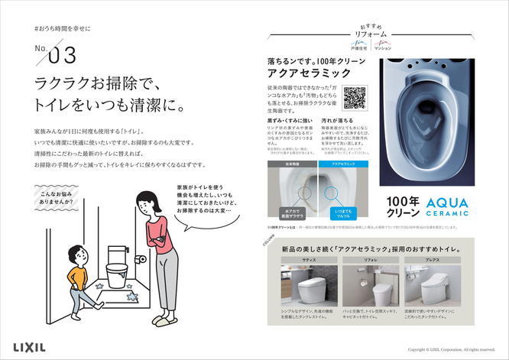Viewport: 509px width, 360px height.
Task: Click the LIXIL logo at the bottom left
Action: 28,346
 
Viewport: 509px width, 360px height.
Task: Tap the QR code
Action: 354,99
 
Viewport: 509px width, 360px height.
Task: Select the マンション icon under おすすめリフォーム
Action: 384,45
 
